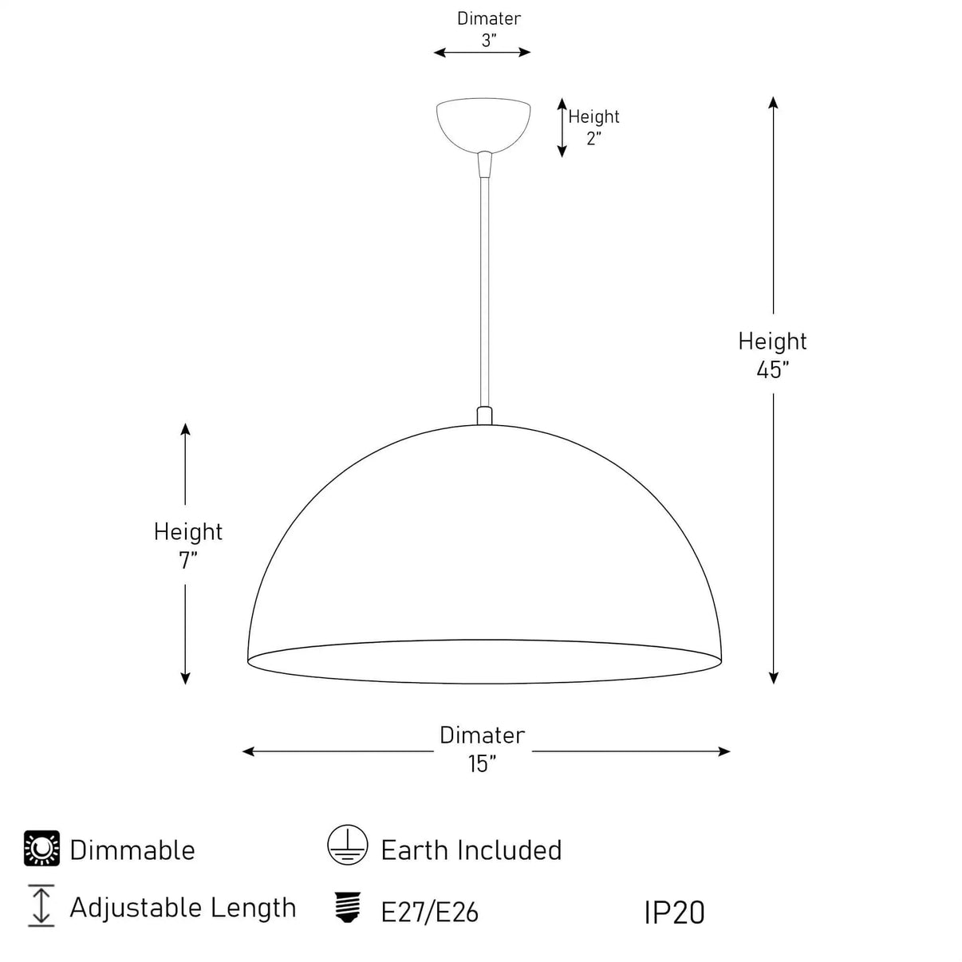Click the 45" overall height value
(x=772, y=370)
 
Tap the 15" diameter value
(x=482, y=763)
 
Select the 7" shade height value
(x=188, y=560)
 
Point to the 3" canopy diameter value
(x=488, y=41)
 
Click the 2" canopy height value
(x=593, y=138)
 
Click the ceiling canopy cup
(x=483, y=124)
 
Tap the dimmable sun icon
(x=42, y=848)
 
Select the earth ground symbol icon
(x=348, y=845)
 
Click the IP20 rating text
(x=675, y=913)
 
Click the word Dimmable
(x=132, y=850)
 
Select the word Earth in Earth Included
(x=414, y=850)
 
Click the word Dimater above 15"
(x=483, y=735)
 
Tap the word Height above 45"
(x=772, y=341)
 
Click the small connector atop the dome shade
(x=484, y=416)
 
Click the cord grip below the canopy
(x=484, y=164)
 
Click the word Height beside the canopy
(x=593, y=116)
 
